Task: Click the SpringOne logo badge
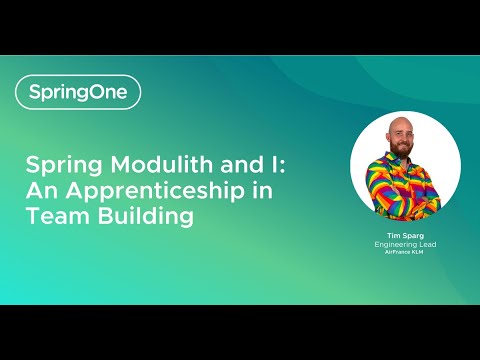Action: coord(78,92)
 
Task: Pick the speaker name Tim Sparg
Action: coord(405,232)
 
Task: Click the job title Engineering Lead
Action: coord(405,243)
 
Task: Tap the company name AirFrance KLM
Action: coord(405,252)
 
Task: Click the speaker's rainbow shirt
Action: coord(404,185)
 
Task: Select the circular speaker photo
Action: coord(405,166)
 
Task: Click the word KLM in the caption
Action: coord(419,252)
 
